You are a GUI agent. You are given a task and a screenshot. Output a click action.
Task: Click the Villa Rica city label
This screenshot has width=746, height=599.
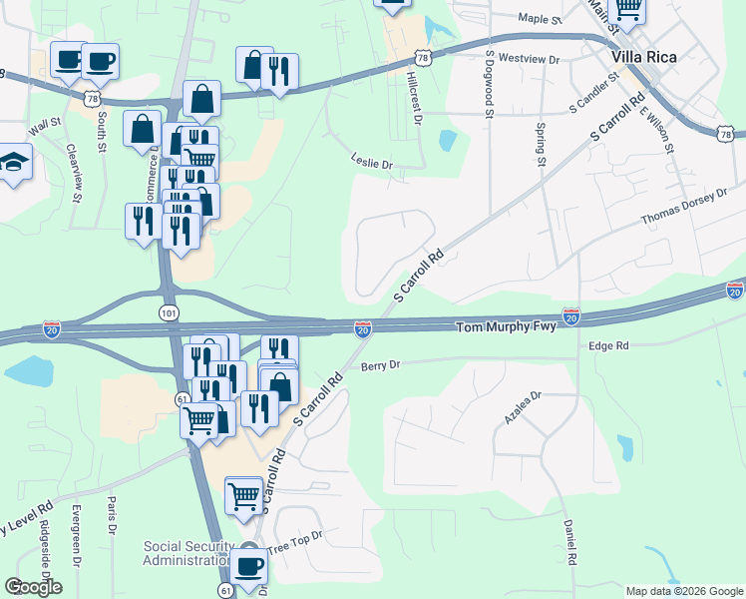(x=645, y=57)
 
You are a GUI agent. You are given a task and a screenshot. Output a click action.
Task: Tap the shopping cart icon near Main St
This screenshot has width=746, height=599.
(x=627, y=8)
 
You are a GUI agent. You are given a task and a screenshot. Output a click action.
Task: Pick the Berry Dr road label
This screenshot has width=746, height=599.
(x=380, y=365)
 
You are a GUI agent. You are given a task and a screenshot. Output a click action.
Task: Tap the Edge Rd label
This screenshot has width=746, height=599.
(x=608, y=345)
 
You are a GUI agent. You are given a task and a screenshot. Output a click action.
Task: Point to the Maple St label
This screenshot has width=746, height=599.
(x=541, y=18)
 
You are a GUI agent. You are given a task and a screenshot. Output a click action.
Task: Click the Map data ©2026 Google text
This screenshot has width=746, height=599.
(x=684, y=591)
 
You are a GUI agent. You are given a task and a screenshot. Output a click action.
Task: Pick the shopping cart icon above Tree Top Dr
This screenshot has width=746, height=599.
(x=243, y=494)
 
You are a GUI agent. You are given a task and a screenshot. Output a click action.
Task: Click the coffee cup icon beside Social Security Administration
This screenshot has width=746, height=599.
(x=249, y=567)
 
